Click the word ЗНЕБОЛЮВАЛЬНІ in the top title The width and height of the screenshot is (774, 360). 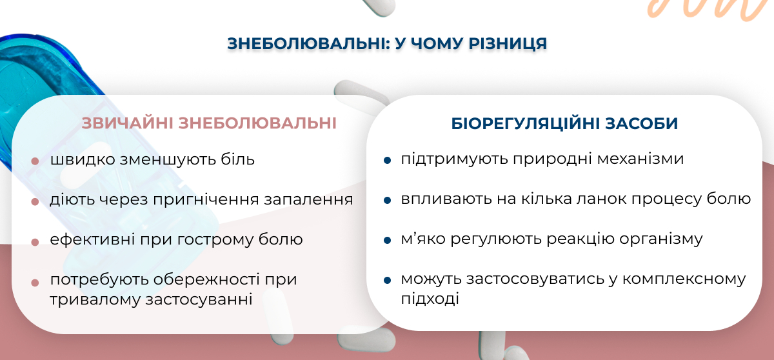coord(308,43)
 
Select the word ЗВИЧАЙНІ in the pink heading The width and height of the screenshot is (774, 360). coord(127,123)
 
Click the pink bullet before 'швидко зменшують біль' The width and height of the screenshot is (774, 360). coord(35,161)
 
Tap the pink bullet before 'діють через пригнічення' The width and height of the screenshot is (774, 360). coord(35,201)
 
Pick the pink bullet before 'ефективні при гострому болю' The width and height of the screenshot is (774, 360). coord(35,242)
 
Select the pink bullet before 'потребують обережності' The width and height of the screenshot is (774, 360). coord(35,283)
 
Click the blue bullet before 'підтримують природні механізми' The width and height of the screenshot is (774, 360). coord(388,160)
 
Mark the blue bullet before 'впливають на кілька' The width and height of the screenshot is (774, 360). coord(388,200)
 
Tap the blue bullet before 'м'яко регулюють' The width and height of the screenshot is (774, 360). coord(388,240)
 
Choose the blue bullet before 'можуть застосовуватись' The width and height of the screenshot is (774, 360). coord(388,280)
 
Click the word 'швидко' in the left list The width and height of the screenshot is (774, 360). coord(83,160)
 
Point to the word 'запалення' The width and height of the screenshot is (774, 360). coord(308,200)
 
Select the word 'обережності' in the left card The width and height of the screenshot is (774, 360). coord(206,279)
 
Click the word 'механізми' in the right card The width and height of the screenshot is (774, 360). coord(640,159)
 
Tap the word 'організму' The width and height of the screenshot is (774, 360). coord(660,239)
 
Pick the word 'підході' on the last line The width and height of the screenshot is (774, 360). coord(430,299)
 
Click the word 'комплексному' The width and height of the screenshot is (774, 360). coord(684,279)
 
